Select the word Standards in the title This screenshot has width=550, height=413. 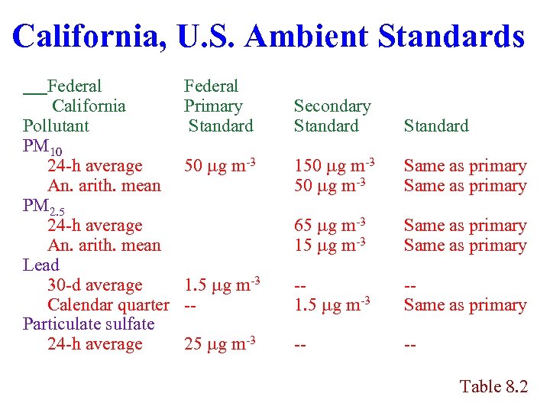451,37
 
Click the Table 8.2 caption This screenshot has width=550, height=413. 493,386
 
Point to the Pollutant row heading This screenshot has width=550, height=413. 56,125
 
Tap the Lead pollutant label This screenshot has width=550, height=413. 40,265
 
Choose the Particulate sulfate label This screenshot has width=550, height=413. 89,324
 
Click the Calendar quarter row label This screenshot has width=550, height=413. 108,304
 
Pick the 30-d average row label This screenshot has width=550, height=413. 95,285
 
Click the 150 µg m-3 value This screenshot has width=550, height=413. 334,165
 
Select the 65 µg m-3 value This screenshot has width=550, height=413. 329,225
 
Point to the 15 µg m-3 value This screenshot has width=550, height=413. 329,245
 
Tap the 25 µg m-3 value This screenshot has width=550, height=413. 219,343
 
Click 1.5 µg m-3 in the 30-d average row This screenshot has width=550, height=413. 222,285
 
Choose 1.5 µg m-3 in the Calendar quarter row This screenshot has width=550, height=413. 332,304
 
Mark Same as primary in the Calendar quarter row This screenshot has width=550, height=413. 465,304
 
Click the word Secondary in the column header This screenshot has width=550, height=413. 332,106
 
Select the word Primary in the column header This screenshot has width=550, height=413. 213,106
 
